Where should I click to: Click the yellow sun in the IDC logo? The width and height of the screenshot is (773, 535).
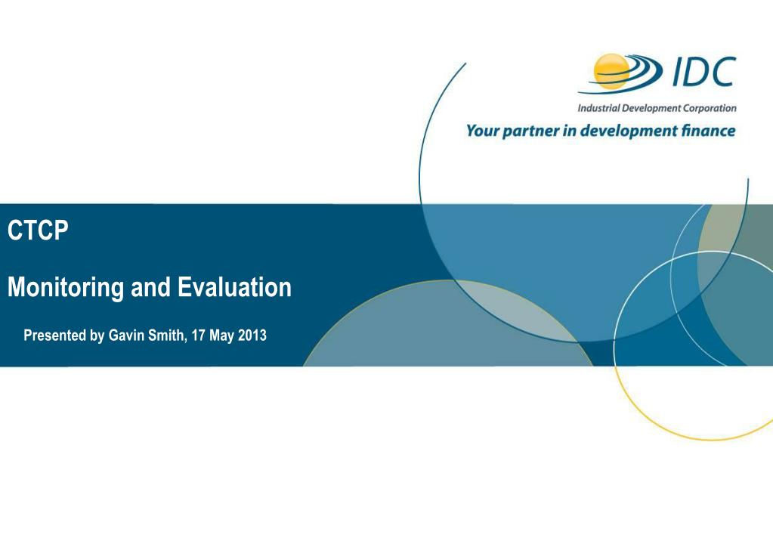coord(611,72)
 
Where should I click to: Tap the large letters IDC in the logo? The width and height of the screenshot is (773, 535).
coord(704,72)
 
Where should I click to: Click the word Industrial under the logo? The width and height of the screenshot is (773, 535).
coord(598,108)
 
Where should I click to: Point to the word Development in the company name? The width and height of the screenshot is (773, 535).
coord(652,109)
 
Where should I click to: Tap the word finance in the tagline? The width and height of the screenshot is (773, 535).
coord(709,131)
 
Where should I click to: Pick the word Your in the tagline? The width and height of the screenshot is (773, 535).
coord(482,131)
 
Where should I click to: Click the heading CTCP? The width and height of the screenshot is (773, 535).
coord(38,230)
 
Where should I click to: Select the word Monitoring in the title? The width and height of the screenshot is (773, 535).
coord(66,288)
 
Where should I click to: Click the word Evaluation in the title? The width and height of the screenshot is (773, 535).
coord(235,287)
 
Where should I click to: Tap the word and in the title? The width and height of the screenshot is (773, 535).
coord(150,287)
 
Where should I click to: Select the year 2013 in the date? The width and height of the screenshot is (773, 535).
coord(252,336)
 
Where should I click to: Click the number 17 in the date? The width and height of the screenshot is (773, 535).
coord(198,336)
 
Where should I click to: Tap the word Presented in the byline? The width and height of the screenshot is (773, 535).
coord(54,336)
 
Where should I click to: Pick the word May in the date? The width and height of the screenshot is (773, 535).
coord(221,336)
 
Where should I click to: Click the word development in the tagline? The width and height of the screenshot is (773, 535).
coord(629,131)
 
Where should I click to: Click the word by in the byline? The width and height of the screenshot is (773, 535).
coord(97,336)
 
